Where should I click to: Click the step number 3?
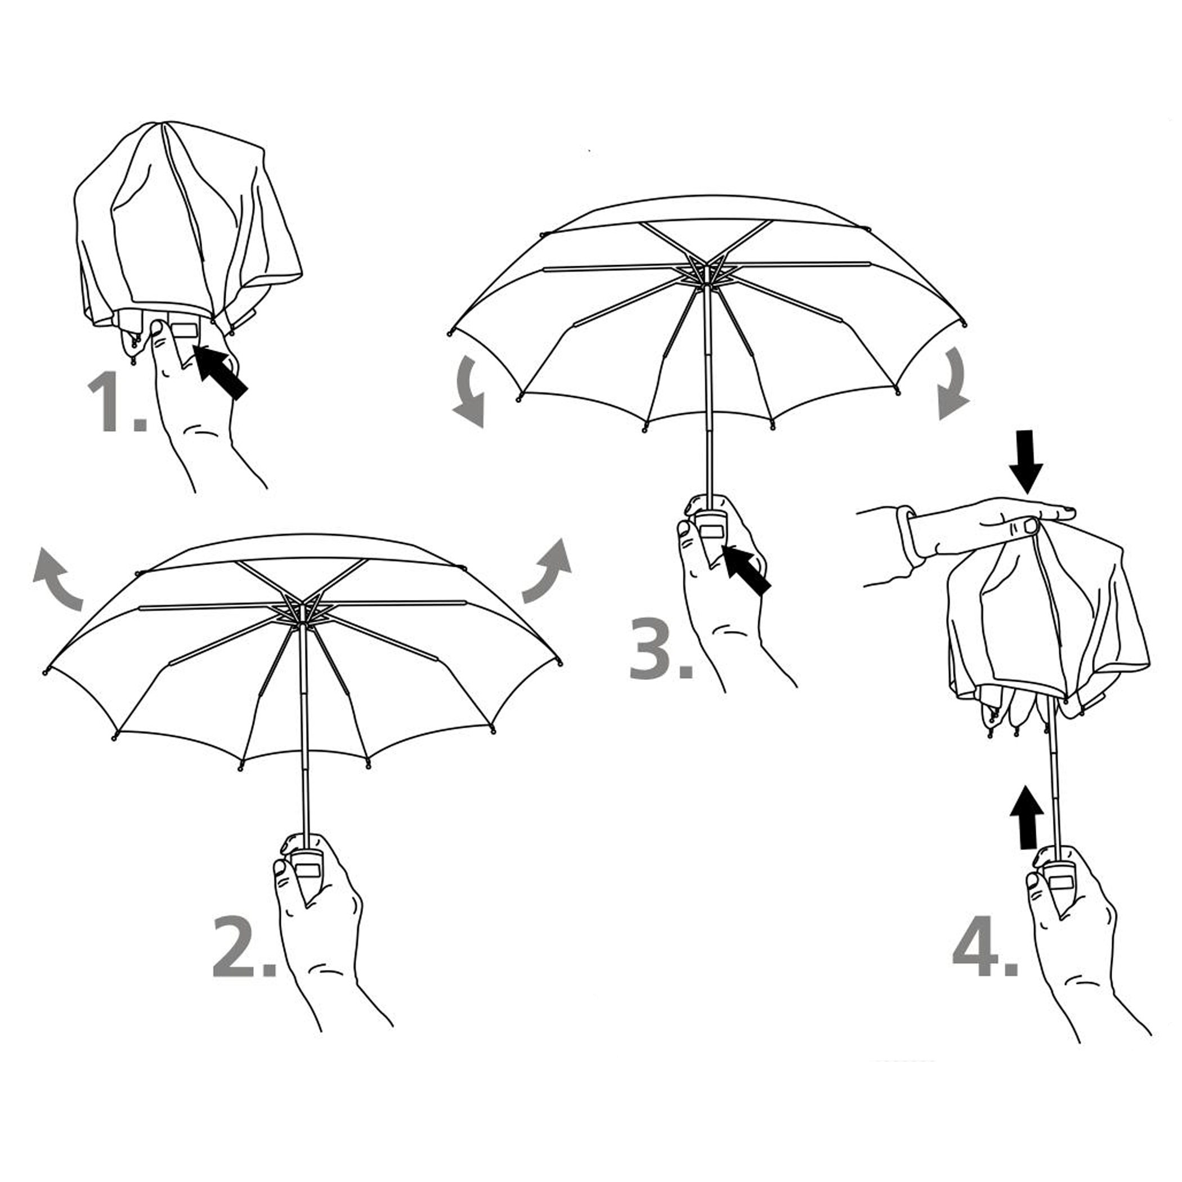point(661,648)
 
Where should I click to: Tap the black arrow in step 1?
point(220,371)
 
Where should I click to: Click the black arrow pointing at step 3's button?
point(746,570)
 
